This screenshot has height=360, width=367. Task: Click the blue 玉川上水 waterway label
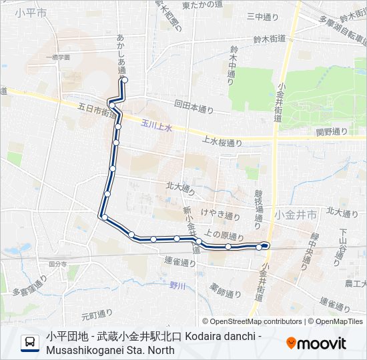tap(156, 125)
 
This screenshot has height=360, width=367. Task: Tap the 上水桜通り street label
tap(222, 142)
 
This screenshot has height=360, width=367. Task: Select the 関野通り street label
tap(332, 131)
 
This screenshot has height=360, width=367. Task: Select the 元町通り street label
tap(93, 311)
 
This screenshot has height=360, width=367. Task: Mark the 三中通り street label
tap(260, 16)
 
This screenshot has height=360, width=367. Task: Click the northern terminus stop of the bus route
tap(125, 81)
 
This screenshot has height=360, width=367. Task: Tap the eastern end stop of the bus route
tap(266, 245)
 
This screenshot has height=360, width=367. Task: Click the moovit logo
tap(316, 343)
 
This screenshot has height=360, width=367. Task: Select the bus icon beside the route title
tap(31, 343)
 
